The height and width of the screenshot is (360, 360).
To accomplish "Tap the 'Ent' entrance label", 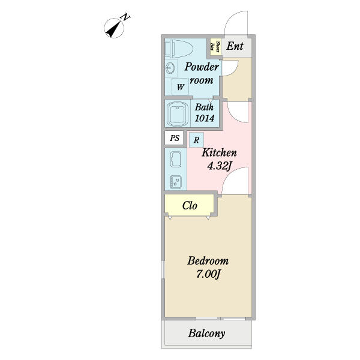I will tap(235, 46).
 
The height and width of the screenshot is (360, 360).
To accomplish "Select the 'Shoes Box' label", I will tap(212, 46).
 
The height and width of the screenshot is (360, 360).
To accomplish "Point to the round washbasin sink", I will tap(170, 68).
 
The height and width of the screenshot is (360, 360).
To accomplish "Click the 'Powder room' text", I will tap(201, 73).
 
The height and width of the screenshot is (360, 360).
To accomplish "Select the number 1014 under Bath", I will tap(205, 118).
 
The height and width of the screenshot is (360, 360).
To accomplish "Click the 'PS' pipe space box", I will tap(175, 138).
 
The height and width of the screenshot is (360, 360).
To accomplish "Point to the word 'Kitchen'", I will tap(219, 152).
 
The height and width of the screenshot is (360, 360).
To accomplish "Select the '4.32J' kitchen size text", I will tap(219, 167).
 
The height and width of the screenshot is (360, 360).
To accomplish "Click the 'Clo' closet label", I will tap(190, 206).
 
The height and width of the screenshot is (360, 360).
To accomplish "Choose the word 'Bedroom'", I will tap(208, 261).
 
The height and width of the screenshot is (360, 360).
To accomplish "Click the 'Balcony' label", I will tap(206, 334).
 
